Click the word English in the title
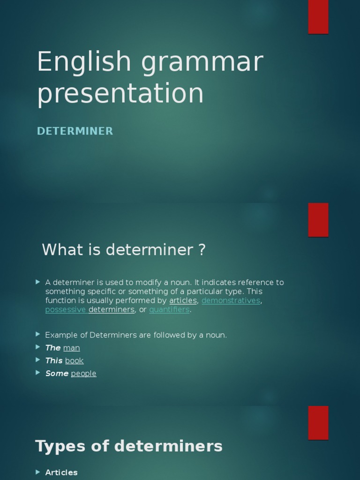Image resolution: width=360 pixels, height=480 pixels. point(84,62)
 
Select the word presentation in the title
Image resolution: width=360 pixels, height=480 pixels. point(120,93)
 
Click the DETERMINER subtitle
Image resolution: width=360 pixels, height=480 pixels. point(75,131)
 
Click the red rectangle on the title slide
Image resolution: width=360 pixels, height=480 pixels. point(318,17)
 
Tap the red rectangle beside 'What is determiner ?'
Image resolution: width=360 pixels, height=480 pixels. point(318,220)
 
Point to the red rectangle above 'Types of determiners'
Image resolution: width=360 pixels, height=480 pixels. point(318,423)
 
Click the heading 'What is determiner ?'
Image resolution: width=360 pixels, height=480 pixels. point(124,250)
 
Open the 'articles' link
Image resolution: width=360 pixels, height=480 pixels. point(183,300)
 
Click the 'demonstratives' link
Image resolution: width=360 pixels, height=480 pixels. point(231,300)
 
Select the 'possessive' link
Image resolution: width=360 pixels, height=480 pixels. point(66,309)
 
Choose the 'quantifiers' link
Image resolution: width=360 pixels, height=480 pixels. point(169,309)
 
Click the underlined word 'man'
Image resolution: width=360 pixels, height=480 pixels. point(71,348)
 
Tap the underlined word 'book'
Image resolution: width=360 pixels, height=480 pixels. point(74,360)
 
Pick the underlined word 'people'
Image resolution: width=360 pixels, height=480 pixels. point(83,374)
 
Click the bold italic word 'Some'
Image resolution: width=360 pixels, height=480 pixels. point(57,374)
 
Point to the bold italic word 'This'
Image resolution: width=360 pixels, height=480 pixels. point(54,360)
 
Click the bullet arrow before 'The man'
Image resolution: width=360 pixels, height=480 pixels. point(38,347)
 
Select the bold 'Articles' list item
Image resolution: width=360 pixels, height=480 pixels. point(61,472)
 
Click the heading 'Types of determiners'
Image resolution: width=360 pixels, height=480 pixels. point(129,446)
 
